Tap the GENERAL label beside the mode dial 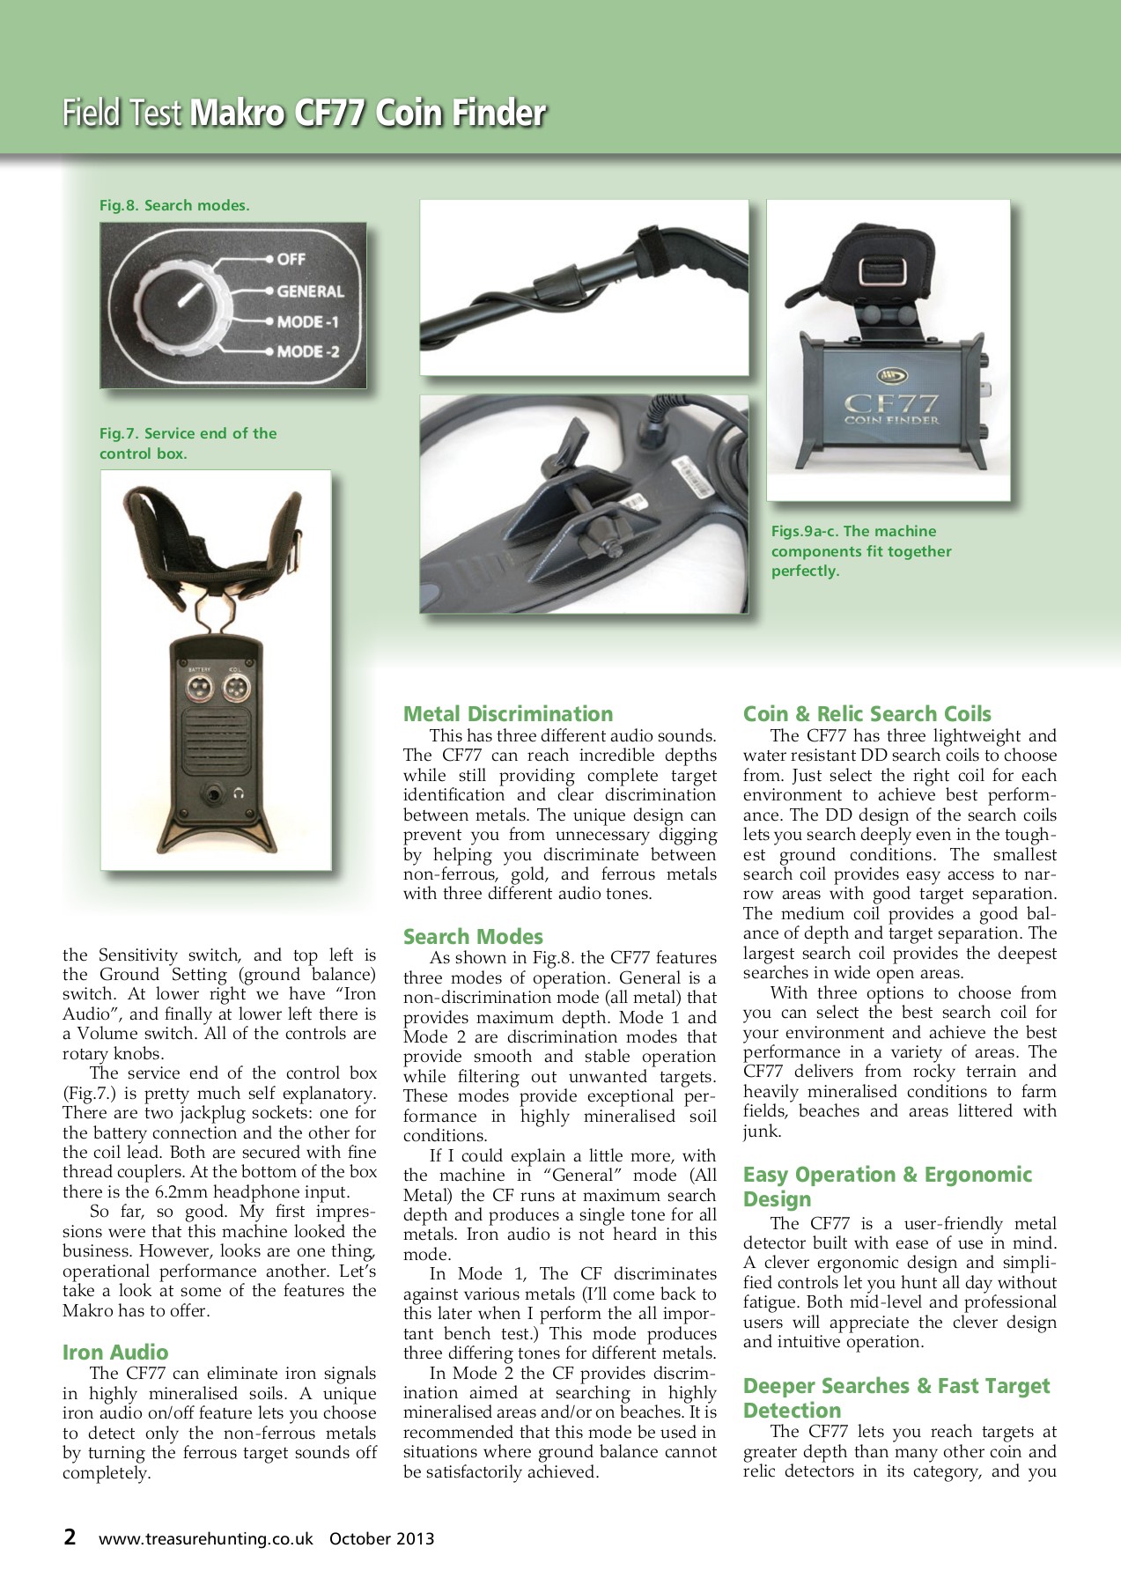pyautogui.click(x=310, y=291)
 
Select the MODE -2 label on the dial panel pyautogui.click(x=308, y=352)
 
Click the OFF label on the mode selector pyautogui.click(x=291, y=259)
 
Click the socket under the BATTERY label pyautogui.click(x=199, y=689)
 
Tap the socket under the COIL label pyautogui.click(x=234, y=689)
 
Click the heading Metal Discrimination pyautogui.click(x=508, y=714)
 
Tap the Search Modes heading pyautogui.click(x=473, y=937)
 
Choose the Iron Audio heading pyautogui.click(x=115, y=1353)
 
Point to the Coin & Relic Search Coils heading pyautogui.click(x=867, y=714)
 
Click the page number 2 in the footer pyautogui.click(x=70, y=1537)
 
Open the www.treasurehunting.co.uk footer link pyautogui.click(x=206, y=1539)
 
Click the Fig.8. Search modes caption pyautogui.click(x=174, y=205)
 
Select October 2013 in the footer pyautogui.click(x=381, y=1539)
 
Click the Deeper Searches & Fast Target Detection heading pyautogui.click(x=896, y=1397)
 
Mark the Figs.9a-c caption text pyautogui.click(x=860, y=551)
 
